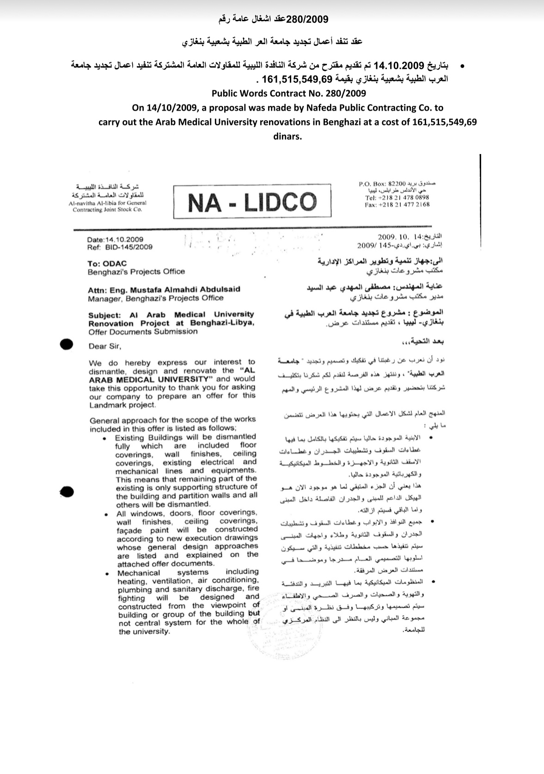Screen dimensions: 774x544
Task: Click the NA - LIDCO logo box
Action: click(252, 202)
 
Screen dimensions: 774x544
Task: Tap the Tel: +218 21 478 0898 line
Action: click(397, 197)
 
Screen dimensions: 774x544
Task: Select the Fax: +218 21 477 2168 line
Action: click(397, 204)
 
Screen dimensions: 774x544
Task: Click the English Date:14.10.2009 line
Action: click(115, 240)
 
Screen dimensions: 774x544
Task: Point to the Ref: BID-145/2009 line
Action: click(119, 247)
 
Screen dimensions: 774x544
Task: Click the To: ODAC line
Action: click(101, 264)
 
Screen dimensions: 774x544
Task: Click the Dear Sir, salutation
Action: click(105, 346)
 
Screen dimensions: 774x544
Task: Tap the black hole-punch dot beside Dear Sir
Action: click(67, 344)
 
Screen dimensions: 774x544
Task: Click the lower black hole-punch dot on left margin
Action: click(67, 492)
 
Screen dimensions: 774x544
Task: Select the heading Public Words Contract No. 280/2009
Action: click(288, 93)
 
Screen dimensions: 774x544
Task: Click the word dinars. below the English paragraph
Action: click(287, 136)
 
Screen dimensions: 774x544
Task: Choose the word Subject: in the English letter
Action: click(105, 315)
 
